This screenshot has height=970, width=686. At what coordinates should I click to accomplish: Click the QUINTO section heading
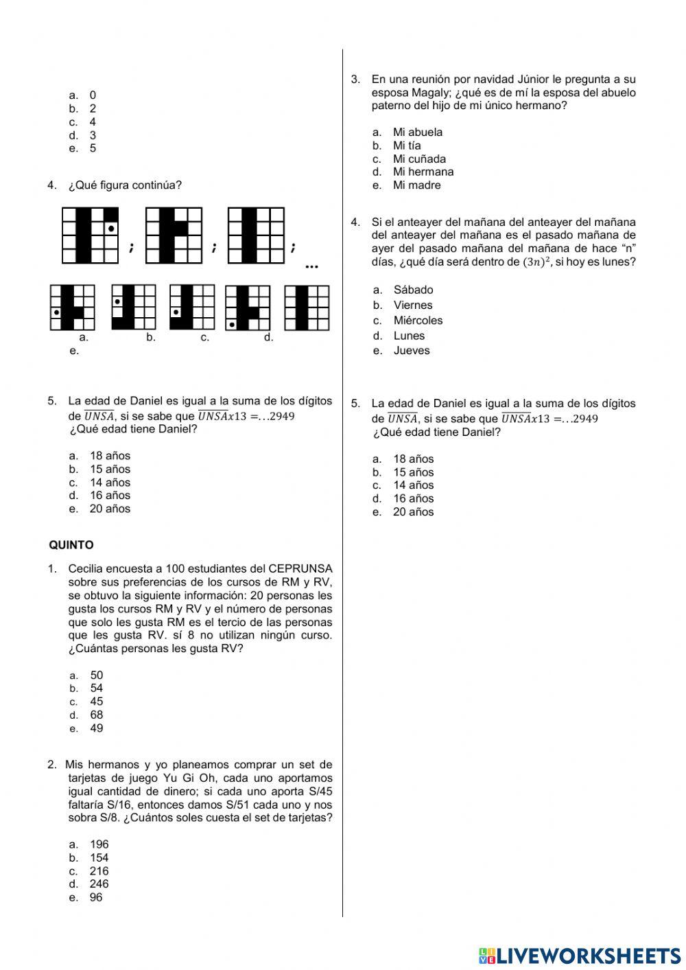coord(71,545)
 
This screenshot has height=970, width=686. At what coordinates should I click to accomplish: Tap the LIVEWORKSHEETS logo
coord(580,956)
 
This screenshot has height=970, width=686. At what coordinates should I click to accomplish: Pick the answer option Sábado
coord(413,290)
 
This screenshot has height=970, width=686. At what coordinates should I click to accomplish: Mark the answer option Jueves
coord(412,350)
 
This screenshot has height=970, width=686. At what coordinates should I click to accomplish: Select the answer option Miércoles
coord(418,320)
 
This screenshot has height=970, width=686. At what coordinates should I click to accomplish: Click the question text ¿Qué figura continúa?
coord(125,185)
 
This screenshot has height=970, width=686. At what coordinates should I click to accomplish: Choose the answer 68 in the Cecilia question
coord(96,715)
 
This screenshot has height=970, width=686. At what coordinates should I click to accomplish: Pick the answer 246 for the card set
coord(99,884)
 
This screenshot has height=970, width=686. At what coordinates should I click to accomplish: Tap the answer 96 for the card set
coord(96,897)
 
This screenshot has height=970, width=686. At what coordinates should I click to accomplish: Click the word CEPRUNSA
coord(300,568)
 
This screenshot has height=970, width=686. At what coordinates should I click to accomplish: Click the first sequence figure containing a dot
coord(91,235)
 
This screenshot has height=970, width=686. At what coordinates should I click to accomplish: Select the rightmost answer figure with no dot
coord(307,307)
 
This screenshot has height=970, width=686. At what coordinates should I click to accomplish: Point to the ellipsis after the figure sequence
coord(311,266)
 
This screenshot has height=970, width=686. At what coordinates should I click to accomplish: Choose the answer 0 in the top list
coord(93,95)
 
